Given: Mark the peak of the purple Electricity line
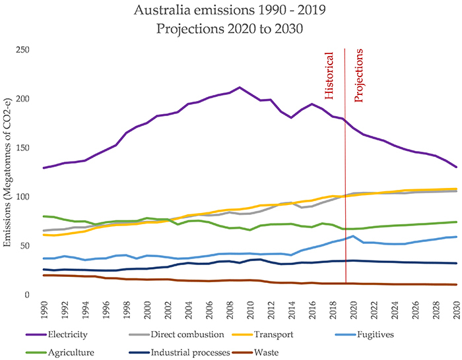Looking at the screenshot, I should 240,87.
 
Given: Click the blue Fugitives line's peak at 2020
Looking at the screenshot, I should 354,236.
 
